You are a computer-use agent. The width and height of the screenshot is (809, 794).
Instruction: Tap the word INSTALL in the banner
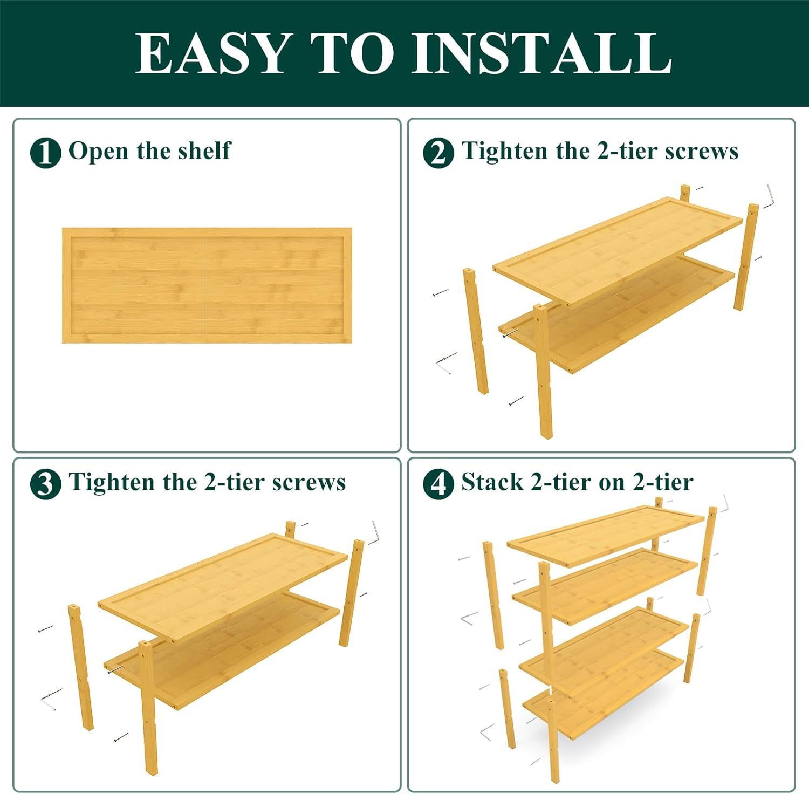click(541, 53)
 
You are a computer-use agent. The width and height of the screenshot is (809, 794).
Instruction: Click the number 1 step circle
click(45, 153)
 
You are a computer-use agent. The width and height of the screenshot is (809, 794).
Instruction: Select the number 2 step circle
click(438, 153)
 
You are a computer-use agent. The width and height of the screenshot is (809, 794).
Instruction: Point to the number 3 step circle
click(45, 484)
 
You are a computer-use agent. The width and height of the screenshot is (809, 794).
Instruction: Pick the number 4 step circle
click(438, 484)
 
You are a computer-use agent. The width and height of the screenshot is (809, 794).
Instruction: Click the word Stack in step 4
click(492, 482)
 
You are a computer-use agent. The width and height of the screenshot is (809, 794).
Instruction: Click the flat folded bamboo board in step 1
click(207, 285)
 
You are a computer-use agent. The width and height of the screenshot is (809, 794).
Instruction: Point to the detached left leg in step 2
click(476, 331)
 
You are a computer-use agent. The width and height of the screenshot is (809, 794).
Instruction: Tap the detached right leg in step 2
click(746, 257)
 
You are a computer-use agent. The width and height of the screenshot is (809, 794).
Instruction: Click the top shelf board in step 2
click(618, 250)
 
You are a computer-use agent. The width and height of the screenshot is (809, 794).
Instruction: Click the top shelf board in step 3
click(223, 587)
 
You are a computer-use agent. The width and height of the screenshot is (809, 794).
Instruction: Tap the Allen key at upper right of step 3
click(376, 532)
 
